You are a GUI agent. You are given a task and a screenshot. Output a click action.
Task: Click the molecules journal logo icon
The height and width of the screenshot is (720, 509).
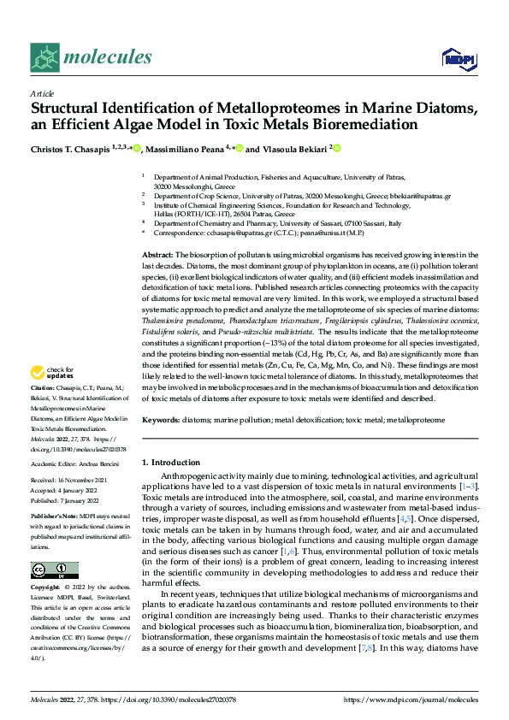(45, 58)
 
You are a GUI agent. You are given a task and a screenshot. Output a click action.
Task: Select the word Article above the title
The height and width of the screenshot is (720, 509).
(42, 93)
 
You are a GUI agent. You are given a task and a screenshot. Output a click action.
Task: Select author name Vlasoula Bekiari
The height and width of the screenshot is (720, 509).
(294, 149)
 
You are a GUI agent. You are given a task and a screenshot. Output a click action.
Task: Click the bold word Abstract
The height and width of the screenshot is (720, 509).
(157, 256)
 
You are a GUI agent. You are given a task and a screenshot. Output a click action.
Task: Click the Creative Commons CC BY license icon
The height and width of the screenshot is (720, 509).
(54, 570)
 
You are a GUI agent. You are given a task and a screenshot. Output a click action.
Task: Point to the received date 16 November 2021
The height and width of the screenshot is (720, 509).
(85, 481)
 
